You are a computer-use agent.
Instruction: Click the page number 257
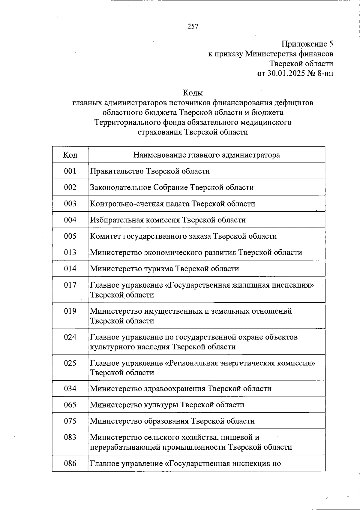click(x=193, y=26)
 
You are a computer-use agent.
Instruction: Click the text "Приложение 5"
click(x=307, y=44)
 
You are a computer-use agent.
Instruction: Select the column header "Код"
click(x=70, y=155)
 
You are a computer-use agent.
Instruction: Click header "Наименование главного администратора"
click(x=206, y=155)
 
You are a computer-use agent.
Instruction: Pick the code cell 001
click(x=70, y=171)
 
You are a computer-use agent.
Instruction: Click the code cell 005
click(x=70, y=236)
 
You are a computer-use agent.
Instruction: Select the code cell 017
click(x=70, y=285)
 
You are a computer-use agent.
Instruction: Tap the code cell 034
click(x=70, y=388)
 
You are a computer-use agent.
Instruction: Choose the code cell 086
click(x=70, y=463)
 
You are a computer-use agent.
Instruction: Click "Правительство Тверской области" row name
click(x=150, y=171)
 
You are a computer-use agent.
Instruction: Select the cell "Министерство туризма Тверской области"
click(x=164, y=268)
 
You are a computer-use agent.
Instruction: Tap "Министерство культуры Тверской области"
click(x=167, y=405)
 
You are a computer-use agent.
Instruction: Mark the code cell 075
click(x=70, y=421)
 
